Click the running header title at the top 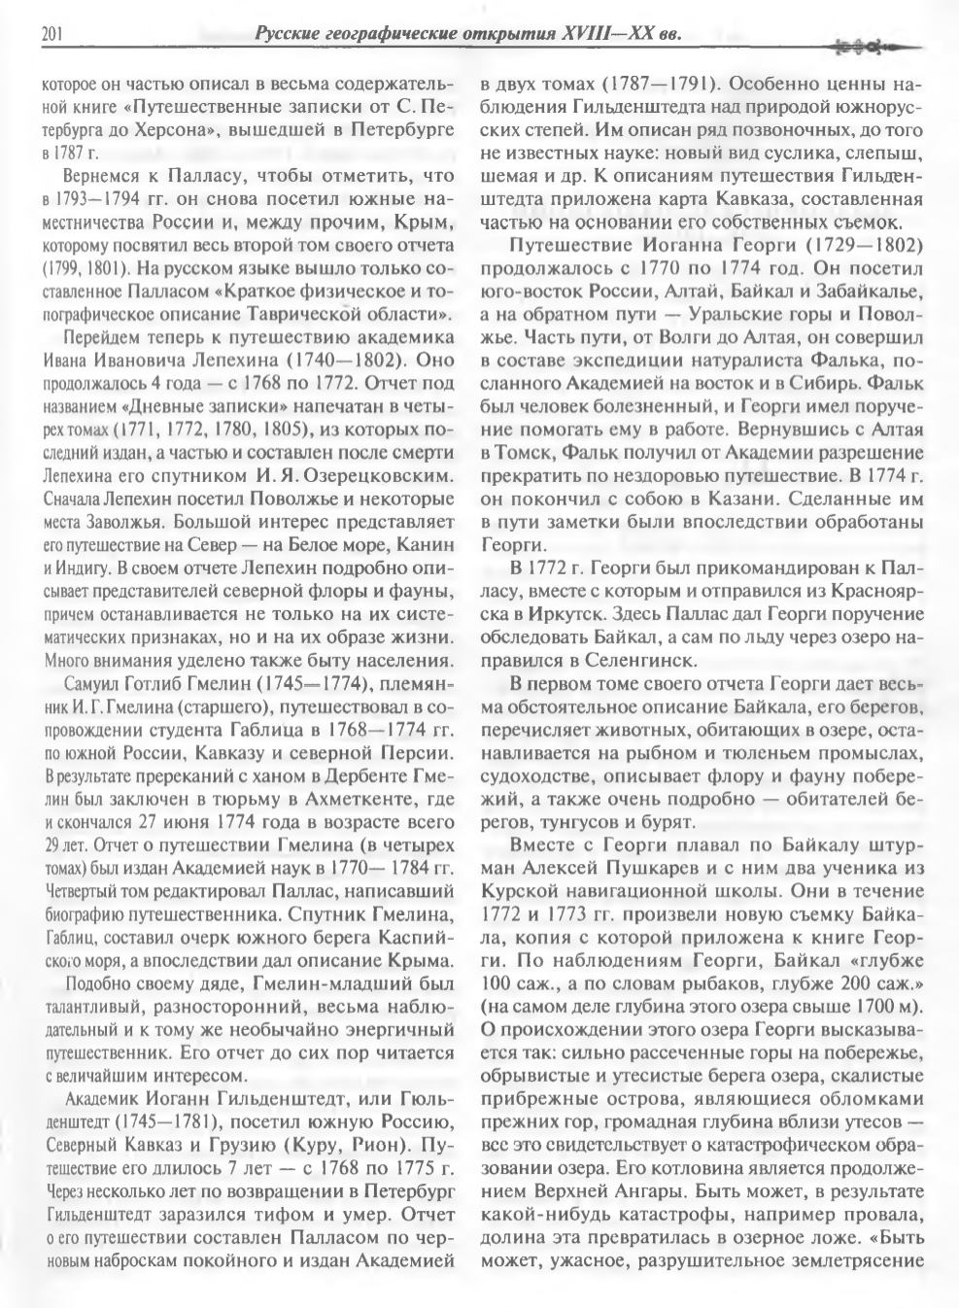(x=466, y=36)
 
